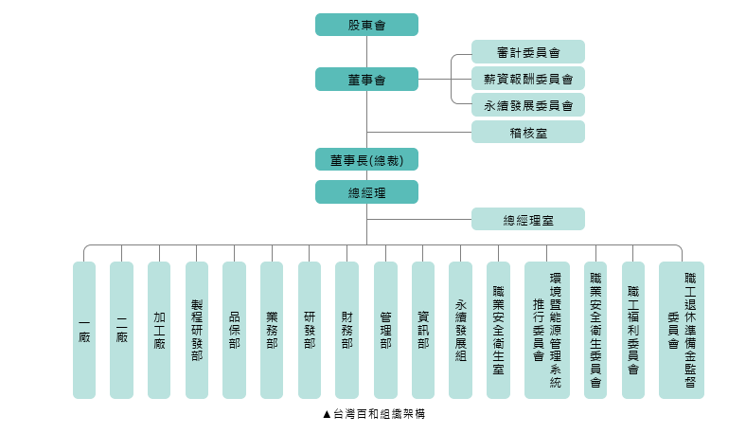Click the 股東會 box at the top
pyautogui.click(x=366, y=25)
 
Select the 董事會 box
pyautogui.click(x=366, y=80)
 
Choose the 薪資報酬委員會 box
pyautogui.click(x=527, y=78)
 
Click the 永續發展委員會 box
pyautogui.click(x=527, y=104)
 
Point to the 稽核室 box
pyautogui.click(x=527, y=132)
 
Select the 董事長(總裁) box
pyautogui.click(x=366, y=159)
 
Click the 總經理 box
pyautogui.click(x=366, y=191)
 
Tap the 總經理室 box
pyautogui.click(x=527, y=219)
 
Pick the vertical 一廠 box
pyautogui.click(x=84, y=330)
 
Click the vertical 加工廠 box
pyautogui.click(x=159, y=330)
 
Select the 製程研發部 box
pyautogui.click(x=197, y=330)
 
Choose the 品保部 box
pyautogui.click(x=234, y=330)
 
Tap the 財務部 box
pyautogui.click(x=347, y=330)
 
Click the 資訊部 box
pyautogui.click(x=423, y=330)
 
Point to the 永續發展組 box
pyautogui.click(x=460, y=330)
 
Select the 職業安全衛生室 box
pyautogui.click(x=498, y=330)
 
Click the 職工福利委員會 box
pyautogui.click(x=633, y=330)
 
